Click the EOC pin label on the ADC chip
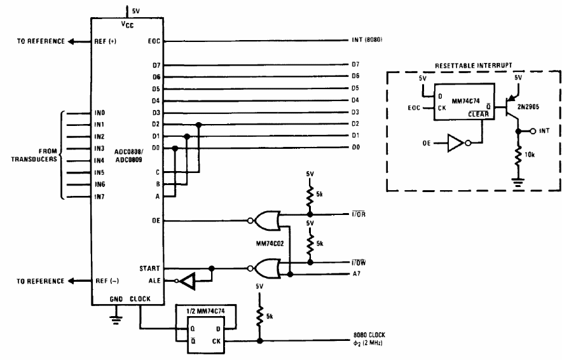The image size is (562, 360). [x=154, y=41]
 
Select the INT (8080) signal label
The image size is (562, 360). [x=367, y=39]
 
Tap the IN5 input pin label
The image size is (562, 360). [x=99, y=172]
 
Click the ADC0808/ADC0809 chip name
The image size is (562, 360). [x=128, y=156]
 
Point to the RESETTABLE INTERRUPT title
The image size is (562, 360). [x=474, y=66]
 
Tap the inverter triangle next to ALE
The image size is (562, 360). [x=186, y=280]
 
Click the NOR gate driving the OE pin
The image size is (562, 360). [x=264, y=221]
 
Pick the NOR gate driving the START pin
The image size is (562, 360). [x=264, y=268]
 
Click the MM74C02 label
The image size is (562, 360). [x=270, y=244]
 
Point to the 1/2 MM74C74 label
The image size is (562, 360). [x=205, y=311]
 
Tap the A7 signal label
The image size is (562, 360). [x=357, y=273]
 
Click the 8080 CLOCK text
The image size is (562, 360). [x=369, y=335]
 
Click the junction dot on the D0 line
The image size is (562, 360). [x=175, y=148]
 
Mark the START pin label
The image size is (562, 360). [x=149, y=268]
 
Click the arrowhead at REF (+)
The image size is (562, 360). [x=71, y=41]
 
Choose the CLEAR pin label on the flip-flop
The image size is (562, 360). [x=479, y=114]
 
